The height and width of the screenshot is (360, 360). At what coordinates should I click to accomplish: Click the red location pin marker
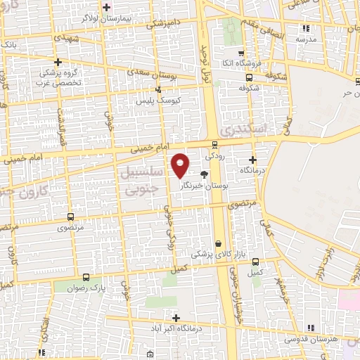tap(181, 165)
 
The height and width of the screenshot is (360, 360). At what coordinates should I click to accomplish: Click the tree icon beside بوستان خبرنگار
tap(204, 174)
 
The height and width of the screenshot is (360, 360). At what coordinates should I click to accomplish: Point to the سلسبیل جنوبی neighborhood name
tap(143, 181)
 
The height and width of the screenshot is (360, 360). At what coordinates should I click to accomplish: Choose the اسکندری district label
tap(239, 129)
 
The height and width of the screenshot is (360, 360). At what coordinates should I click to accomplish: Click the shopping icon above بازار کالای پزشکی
tap(218, 243)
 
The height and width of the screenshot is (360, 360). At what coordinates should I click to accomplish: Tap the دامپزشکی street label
tap(162, 23)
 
